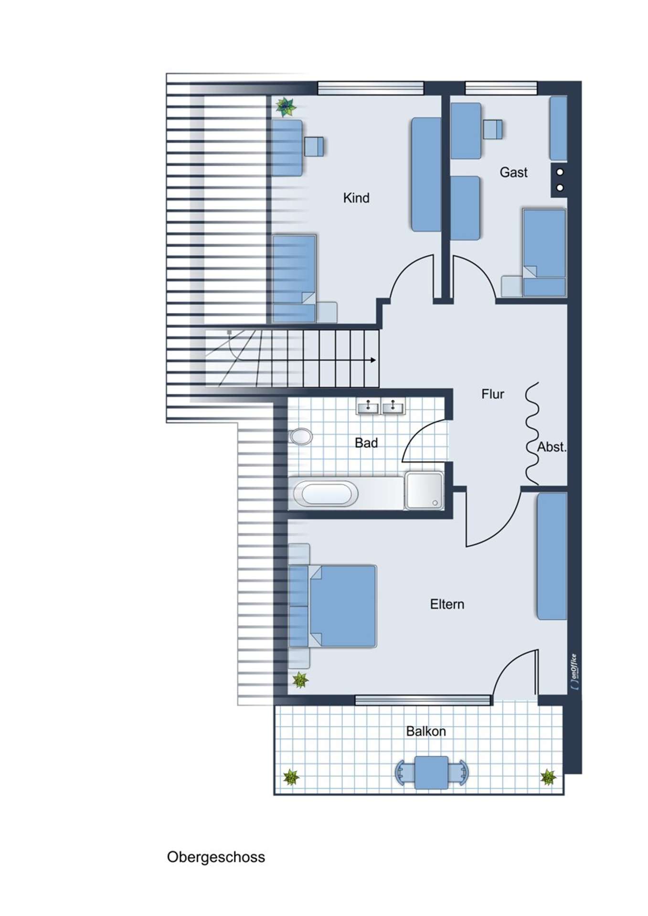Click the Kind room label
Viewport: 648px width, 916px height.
pyautogui.click(x=356, y=198)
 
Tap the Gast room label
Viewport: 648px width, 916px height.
pyautogui.click(x=513, y=172)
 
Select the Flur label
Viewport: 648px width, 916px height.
pyautogui.click(x=492, y=394)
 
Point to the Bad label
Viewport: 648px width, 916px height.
pyautogui.click(x=366, y=443)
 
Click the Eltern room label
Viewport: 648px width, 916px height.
pyautogui.click(x=447, y=604)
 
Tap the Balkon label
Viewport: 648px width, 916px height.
pyautogui.click(x=426, y=731)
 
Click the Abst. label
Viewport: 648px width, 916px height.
pyautogui.click(x=552, y=447)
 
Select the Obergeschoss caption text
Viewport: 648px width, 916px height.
pyautogui.click(x=216, y=857)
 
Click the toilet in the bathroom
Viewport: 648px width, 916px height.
pyautogui.click(x=300, y=436)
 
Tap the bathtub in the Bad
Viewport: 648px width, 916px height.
pyautogui.click(x=325, y=493)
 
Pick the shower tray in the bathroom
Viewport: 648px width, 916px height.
pyautogui.click(x=424, y=490)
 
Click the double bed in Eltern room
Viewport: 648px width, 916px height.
pyautogui.click(x=333, y=606)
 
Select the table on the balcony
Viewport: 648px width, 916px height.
pyautogui.click(x=432, y=772)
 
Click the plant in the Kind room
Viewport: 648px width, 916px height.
pyautogui.click(x=286, y=107)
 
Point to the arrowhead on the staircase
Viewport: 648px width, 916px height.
pyautogui.click(x=373, y=360)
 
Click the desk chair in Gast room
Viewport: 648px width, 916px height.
pyautogui.click(x=493, y=129)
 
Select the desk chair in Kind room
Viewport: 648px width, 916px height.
pyautogui.click(x=314, y=146)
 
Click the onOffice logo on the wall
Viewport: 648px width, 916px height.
pyautogui.click(x=574, y=672)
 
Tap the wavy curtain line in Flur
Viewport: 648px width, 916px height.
pyautogui.click(x=531, y=433)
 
